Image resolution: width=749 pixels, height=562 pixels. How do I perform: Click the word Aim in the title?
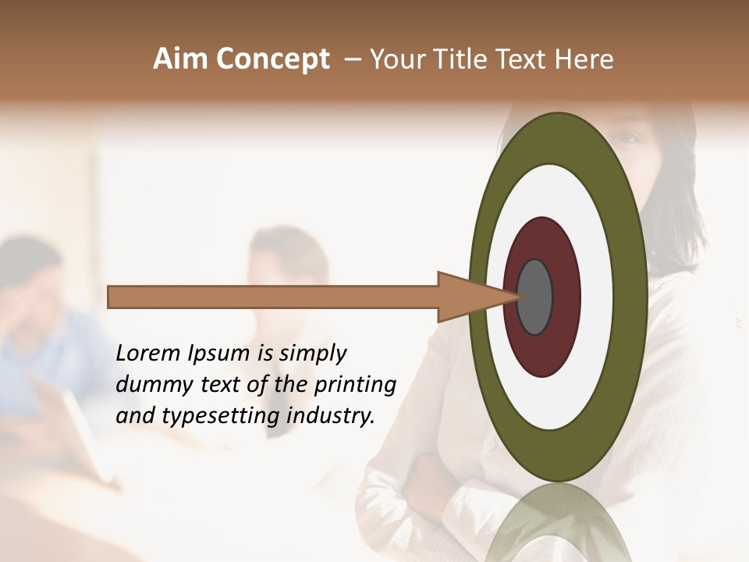click(x=181, y=59)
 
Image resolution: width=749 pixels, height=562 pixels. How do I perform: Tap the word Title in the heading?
click(x=463, y=59)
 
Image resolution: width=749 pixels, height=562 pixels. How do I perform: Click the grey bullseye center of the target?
click(x=535, y=297)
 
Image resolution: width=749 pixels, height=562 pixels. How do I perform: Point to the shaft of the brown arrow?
click(x=273, y=297)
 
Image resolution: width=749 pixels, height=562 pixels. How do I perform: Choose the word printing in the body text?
click(x=355, y=386)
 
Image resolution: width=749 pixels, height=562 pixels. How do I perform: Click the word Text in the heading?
click(x=524, y=59)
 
